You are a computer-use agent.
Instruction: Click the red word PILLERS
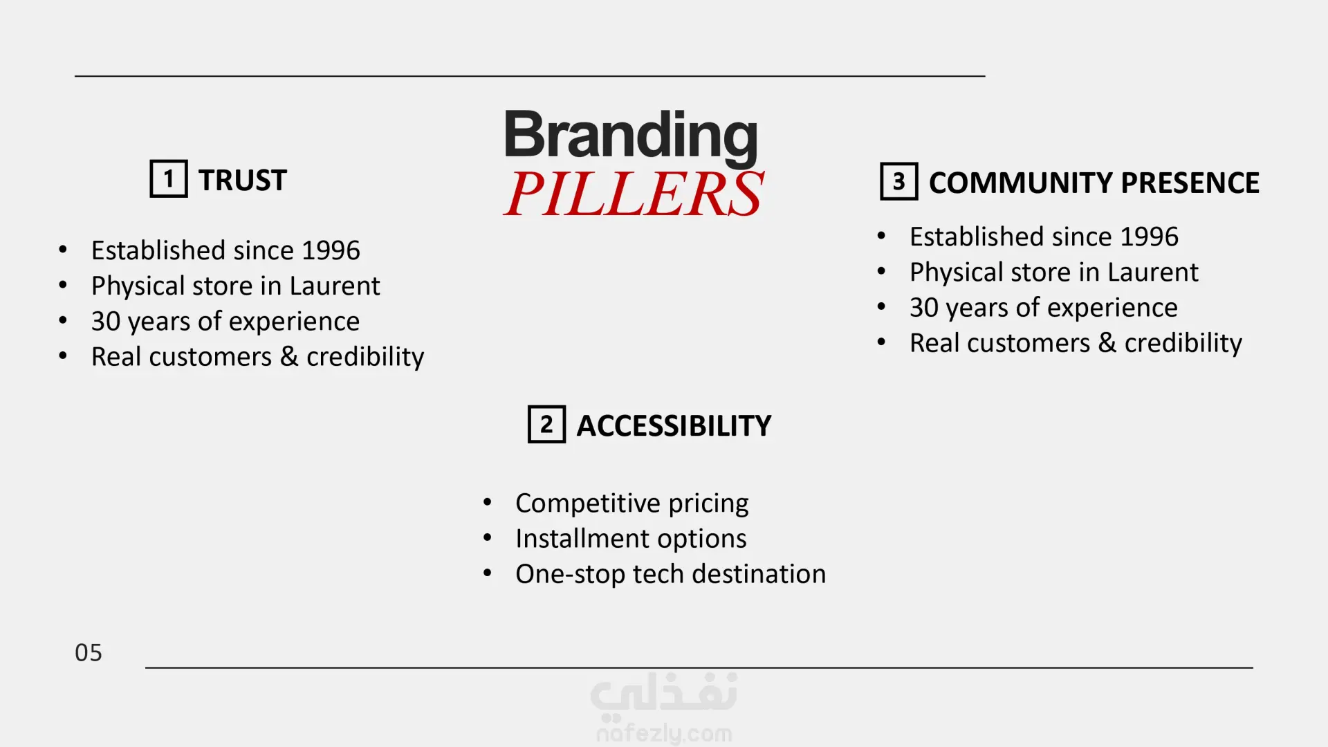click(x=634, y=193)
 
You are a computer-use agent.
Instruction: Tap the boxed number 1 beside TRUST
click(x=169, y=179)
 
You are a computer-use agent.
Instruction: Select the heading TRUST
click(x=243, y=181)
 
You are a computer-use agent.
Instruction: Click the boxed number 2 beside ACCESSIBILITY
click(x=546, y=424)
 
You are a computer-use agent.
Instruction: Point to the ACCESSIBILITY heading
click(x=674, y=426)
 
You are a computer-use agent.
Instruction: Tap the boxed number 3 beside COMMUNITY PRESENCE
click(x=899, y=181)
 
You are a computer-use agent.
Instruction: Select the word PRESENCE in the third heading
click(x=1190, y=183)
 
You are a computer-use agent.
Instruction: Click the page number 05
click(x=89, y=653)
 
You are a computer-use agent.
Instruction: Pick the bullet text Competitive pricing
click(x=632, y=504)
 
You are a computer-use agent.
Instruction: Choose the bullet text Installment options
click(x=631, y=539)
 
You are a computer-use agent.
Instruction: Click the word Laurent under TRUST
click(x=335, y=286)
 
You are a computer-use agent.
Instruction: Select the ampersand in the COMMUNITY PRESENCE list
click(x=1107, y=343)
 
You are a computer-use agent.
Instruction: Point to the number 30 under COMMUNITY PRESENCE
click(x=924, y=308)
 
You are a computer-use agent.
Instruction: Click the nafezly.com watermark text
click(x=665, y=733)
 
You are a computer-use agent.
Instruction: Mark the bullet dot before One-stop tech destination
click(x=488, y=573)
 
